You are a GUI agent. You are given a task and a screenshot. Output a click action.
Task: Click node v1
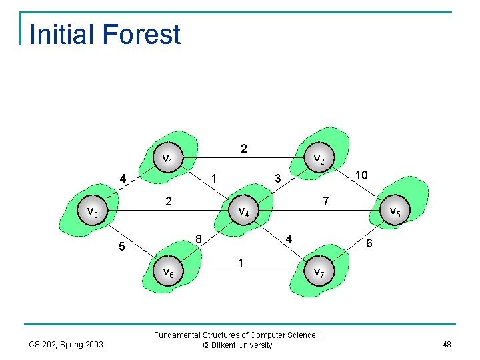168,159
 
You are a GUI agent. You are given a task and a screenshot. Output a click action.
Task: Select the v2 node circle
319,159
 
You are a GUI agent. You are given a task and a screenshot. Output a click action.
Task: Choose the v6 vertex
168,273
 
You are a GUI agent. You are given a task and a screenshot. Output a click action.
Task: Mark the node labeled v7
319,273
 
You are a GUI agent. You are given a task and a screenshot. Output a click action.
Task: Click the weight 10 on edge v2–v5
361,175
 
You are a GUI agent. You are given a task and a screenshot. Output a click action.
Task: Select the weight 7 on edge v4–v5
325,201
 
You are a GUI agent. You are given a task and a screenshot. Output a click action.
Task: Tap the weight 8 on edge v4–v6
199,239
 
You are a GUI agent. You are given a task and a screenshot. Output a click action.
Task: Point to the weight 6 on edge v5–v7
369,245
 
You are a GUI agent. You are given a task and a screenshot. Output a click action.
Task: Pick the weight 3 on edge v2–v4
278,178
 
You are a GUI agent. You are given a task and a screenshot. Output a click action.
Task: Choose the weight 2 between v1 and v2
244,149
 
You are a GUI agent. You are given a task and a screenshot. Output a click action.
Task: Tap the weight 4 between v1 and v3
123,179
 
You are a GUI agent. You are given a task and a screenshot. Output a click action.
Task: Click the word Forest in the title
143,35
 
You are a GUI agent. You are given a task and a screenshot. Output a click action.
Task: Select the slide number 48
446,344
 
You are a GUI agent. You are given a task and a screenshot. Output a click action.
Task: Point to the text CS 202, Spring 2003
65,344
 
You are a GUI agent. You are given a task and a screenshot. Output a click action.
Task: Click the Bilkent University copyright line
238,345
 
